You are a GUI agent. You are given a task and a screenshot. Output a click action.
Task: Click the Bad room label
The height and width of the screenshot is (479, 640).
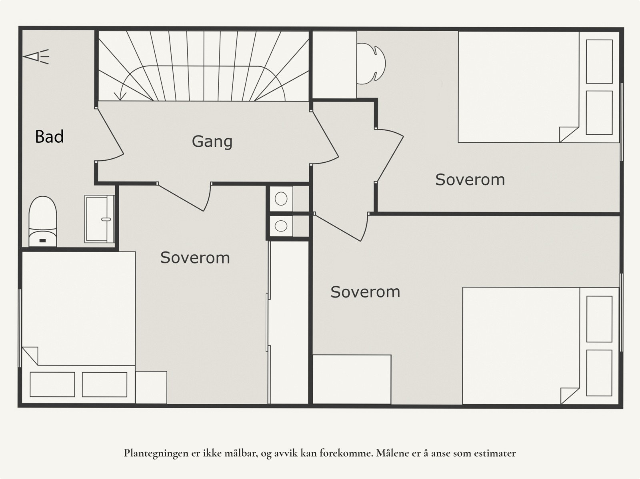(x=49, y=136)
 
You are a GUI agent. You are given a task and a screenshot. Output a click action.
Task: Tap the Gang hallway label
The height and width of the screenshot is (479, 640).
(x=212, y=142)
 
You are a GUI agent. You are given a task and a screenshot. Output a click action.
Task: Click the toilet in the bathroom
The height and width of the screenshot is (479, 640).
(x=42, y=222)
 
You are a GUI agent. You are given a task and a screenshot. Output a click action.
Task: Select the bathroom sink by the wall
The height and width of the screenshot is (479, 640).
(x=99, y=219)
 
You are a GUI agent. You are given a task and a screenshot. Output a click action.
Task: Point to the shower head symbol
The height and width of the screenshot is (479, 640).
(x=36, y=56)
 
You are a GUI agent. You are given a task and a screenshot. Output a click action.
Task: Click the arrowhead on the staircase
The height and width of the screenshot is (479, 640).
(x=120, y=96)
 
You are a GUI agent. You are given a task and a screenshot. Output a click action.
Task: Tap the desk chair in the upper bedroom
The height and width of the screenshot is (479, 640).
(x=371, y=64)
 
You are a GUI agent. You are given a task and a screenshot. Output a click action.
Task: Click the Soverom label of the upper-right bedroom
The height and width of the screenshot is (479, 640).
(x=470, y=180)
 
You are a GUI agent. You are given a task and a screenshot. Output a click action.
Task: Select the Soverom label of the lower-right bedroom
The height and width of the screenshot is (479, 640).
(x=365, y=291)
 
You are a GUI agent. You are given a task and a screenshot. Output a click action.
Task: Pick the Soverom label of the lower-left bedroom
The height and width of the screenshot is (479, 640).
(x=195, y=257)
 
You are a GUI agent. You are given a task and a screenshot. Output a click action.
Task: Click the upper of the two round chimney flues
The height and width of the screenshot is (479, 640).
(x=281, y=199)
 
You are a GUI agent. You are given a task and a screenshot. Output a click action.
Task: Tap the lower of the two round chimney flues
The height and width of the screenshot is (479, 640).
(x=281, y=226)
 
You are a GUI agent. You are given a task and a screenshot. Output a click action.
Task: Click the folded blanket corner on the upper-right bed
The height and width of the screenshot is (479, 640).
(x=568, y=134)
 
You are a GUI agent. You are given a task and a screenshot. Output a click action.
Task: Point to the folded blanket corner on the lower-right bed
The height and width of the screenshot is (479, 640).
(x=570, y=396)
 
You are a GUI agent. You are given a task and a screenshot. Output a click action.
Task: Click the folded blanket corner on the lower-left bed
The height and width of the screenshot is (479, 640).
(x=30, y=355)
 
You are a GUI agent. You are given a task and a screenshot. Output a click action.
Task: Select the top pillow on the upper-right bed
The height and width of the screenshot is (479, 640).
(x=599, y=62)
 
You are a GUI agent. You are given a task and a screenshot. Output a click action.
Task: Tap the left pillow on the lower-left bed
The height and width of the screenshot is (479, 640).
(x=52, y=384)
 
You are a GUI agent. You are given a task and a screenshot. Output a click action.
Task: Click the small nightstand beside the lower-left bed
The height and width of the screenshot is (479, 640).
(x=151, y=387)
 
